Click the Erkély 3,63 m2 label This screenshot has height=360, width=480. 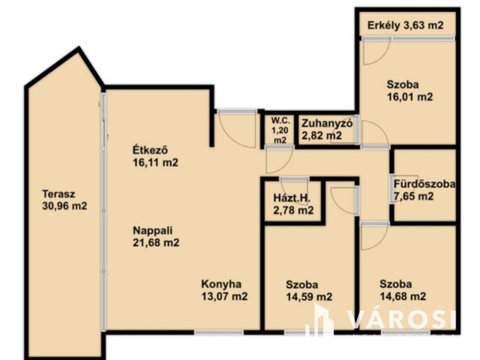(x=405, y=25)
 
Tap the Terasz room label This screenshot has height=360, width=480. (x=58, y=194)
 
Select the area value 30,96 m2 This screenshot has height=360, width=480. (x=64, y=206)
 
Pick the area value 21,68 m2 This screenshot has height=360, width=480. (x=156, y=243)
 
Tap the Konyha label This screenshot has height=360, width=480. (x=221, y=284)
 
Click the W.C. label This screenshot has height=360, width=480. (x=280, y=120)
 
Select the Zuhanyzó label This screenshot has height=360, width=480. (x=327, y=123)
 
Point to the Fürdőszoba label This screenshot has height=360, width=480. (x=424, y=184)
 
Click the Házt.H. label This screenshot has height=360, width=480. (x=292, y=198)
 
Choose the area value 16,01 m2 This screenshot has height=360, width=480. (x=410, y=97)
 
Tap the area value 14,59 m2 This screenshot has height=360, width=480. (x=309, y=297)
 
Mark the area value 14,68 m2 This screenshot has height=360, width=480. (x=403, y=296)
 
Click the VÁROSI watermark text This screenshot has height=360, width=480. (x=401, y=319)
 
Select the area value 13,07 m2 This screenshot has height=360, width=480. (x=224, y=296)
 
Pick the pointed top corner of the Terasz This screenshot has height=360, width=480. (x=79, y=48)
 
